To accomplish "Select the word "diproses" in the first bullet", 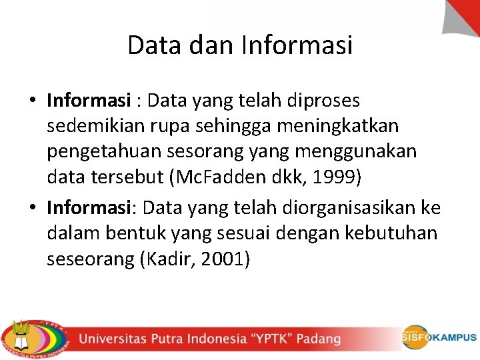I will pyautogui.click(x=323, y=101).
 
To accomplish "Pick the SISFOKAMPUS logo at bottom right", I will pyautogui.click(x=438, y=337).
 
